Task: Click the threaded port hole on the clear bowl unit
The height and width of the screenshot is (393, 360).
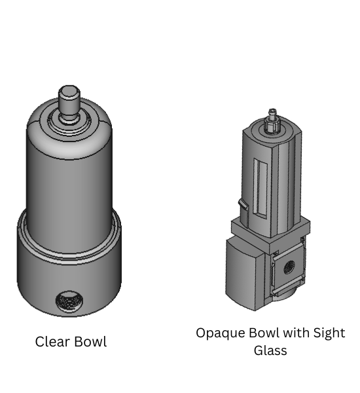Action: [x=69, y=301]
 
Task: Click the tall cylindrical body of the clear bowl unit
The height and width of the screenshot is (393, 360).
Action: [x=69, y=177]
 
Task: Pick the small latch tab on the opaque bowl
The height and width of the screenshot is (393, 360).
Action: [x=243, y=206]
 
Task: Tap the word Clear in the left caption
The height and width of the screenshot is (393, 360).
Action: [x=52, y=342]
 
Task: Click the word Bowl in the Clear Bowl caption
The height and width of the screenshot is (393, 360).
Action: [x=90, y=342]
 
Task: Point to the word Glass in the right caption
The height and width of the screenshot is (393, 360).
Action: [x=270, y=350]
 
